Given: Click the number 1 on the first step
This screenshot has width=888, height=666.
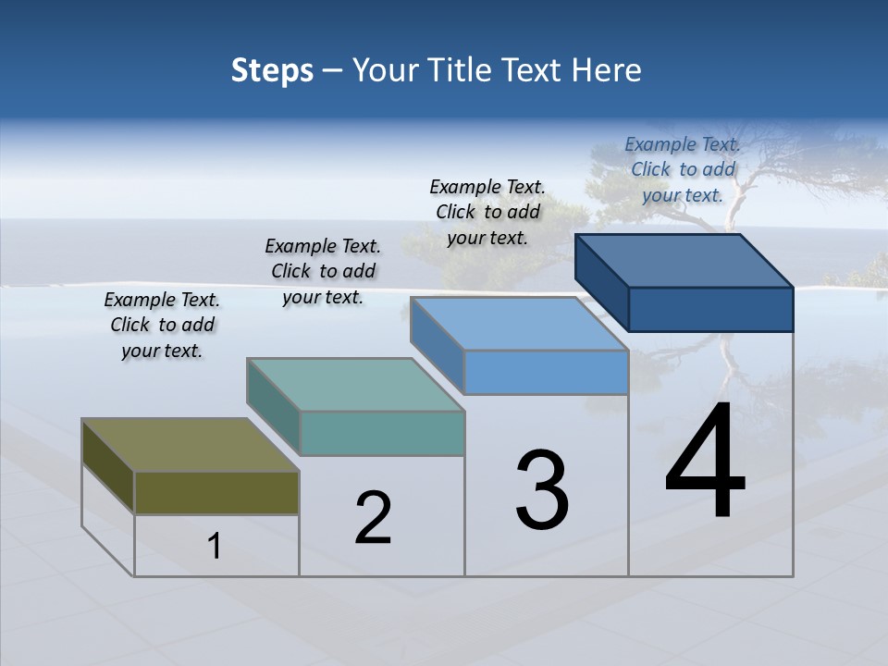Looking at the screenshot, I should (x=215, y=547).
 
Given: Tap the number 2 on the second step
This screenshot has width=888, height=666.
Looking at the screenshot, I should (x=373, y=518).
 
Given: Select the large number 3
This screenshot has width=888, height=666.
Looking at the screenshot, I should (x=542, y=489).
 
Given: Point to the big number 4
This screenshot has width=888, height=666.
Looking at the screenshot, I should (x=705, y=462).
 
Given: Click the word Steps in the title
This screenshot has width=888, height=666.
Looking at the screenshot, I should (x=272, y=70).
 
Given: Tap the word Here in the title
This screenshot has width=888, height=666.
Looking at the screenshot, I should (x=606, y=70).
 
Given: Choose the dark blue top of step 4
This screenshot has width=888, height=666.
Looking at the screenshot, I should (x=684, y=260).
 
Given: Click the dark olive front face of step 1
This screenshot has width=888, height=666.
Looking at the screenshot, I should (x=216, y=492).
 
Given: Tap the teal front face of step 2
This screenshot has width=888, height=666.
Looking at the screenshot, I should (x=382, y=433).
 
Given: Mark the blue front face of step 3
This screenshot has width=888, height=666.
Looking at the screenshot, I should (x=546, y=373).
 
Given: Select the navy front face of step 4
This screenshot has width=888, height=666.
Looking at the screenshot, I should (x=710, y=309).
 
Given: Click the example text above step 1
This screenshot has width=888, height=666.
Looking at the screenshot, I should (x=162, y=326).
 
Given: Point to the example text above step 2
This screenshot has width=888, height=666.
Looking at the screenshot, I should (x=323, y=272).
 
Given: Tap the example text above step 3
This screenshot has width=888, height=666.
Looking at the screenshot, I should (x=487, y=212).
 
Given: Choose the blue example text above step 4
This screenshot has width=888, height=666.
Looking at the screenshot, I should (x=683, y=169).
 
